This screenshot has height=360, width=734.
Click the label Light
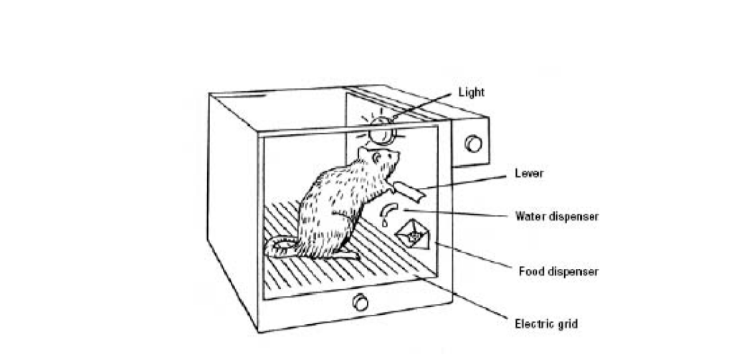(472, 92)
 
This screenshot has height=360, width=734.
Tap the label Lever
(529, 174)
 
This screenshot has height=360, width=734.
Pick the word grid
(566, 323)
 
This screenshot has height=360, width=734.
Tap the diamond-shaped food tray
(413, 234)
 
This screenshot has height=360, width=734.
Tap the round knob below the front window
(360, 303)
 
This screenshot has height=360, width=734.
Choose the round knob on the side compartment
(473, 143)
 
